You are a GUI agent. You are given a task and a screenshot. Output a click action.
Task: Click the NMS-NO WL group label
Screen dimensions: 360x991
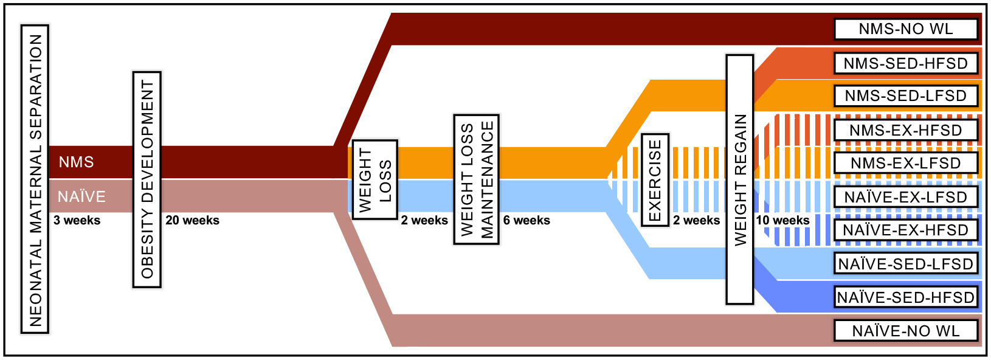click(x=905, y=29)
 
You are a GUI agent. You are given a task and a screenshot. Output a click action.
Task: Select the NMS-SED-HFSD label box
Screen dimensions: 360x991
click(x=905, y=63)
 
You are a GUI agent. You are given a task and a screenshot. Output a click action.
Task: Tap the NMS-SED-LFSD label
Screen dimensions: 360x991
click(x=905, y=96)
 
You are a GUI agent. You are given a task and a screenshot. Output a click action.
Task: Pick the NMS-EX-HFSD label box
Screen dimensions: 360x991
click(x=905, y=130)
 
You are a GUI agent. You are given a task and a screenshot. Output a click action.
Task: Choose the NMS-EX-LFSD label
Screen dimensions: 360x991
click(x=905, y=163)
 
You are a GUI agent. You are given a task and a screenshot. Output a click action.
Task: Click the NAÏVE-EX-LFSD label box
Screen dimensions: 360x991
click(x=905, y=197)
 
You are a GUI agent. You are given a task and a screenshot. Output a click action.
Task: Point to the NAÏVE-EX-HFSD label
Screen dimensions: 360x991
click(x=905, y=230)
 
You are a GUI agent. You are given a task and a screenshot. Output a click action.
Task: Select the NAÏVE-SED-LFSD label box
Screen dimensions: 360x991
click(x=905, y=264)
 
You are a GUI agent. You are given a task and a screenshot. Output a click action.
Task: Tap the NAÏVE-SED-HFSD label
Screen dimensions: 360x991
click(x=905, y=297)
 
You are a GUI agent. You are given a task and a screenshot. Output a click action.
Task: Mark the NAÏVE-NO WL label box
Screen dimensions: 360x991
click(x=905, y=331)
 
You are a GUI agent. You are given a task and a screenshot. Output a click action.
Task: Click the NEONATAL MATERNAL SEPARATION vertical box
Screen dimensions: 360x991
click(x=35, y=179)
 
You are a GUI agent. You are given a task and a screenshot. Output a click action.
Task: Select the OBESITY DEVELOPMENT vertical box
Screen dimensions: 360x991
click(x=147, y=179)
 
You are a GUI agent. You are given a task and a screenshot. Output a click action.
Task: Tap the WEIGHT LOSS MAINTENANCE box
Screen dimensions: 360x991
click(x=477, y=179)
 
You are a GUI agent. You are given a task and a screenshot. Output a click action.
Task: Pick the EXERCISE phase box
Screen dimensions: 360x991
click(x=655, y=180)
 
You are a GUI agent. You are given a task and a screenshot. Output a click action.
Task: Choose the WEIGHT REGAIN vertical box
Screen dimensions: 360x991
click(x=740, y=179)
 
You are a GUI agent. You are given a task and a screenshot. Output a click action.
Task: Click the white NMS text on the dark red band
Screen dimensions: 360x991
click(x=76, y=162)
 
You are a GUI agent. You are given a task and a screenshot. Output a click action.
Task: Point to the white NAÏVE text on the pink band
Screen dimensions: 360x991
click(x=81, y=196)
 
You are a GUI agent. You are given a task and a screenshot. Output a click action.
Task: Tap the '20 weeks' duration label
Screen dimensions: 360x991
click(x=192, y=220)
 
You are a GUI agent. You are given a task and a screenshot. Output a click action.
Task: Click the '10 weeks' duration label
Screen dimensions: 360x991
click(x=782, y=220)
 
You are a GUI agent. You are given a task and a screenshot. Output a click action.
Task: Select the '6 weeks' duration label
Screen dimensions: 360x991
click(x=527, y=220)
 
